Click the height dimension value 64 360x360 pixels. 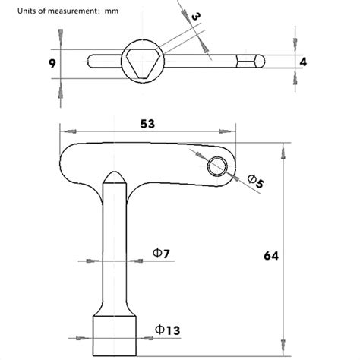pyautogui.click(x=270, y=255)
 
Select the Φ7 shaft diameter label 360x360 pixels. pyautogui.click(x=160, y=252)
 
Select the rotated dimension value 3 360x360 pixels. pyautogui.click(x=196, y=17)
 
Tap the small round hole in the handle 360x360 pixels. pyautogui.click(x=219, y=164)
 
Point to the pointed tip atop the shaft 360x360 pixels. pyautogui.click(x=114, y=175)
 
